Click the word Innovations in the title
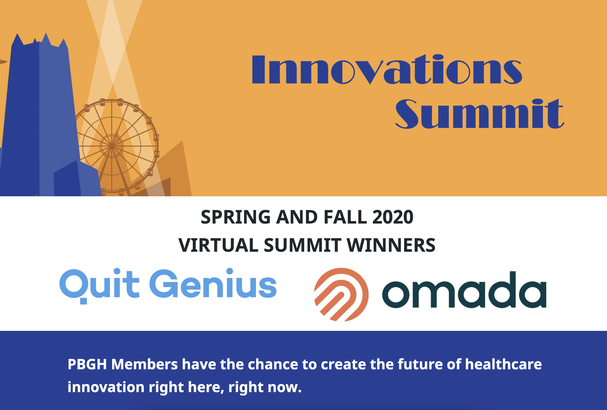click(387, 69)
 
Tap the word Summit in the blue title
click(479, 114)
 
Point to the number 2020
click(393, 217)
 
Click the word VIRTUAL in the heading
click(218, 245)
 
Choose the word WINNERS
click(391, 245)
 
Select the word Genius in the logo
click(213, 283)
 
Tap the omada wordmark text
click(464, 290)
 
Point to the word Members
click(144, 364)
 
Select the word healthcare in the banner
click(503, 364)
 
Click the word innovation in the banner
click(106, 387)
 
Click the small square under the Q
click(83, 301)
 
